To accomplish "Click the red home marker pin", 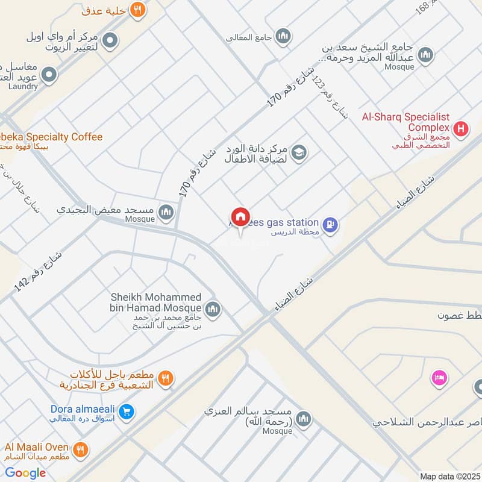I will point(240,218).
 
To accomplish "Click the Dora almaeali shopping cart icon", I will point(126,412).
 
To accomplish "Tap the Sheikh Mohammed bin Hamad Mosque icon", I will point(212,310).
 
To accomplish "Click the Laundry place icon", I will point(49,75).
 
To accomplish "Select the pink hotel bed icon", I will point(438,378).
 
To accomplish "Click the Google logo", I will point(25,473).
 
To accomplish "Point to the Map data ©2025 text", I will point(449,476).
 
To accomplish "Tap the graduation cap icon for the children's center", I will point(299,154).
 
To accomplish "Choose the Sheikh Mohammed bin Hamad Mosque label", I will point(155,303).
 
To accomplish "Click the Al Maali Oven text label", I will point(34,447).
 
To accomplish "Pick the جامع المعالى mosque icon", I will point(283,37).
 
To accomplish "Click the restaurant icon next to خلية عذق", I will point(137,10).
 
